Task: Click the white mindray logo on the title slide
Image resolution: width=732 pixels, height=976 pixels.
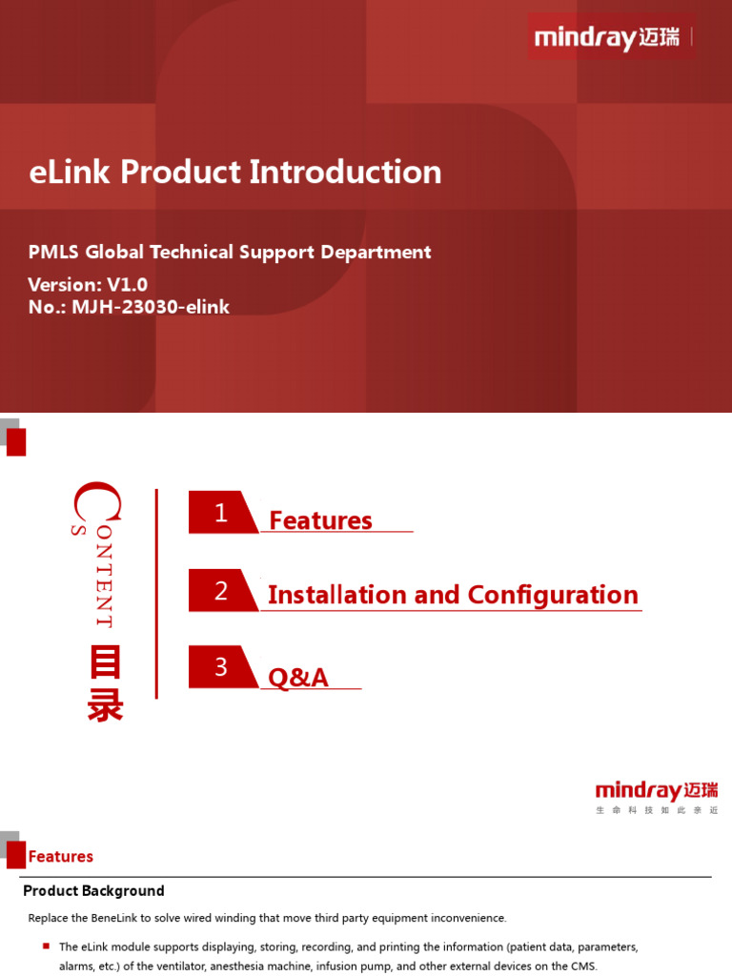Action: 607,38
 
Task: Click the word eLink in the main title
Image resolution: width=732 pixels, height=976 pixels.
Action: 70,173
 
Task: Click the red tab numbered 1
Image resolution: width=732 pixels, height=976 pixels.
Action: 221,513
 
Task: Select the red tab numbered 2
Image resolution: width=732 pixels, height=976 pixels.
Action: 221,591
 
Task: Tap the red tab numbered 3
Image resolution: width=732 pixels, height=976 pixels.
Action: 221,667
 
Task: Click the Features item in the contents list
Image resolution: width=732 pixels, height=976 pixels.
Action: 320,520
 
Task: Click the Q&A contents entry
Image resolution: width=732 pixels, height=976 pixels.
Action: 298,678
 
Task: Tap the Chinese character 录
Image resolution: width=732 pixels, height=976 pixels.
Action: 105,706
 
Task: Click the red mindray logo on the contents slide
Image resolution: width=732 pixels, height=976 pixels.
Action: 657,791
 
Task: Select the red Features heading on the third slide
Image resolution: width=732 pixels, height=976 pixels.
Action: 61,857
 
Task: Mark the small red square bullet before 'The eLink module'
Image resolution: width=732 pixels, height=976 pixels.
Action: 46,945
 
